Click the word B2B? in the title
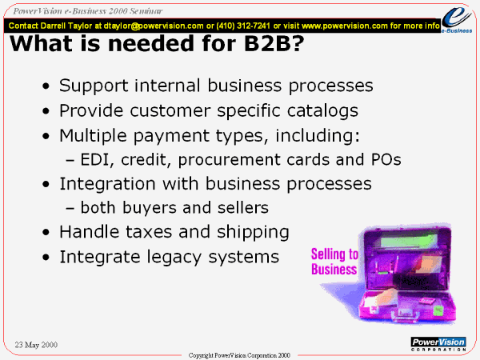274,43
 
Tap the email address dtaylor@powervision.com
154,26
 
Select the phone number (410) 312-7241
243,26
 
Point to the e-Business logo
457,19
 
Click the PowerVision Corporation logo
438,344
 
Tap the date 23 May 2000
36,345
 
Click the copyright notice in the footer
239,355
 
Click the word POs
386,159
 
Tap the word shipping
253,232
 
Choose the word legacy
174,257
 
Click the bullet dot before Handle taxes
46,233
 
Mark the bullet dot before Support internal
46,86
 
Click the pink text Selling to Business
334,262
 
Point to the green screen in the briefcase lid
410,241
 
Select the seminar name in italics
88,11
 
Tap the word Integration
107,184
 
